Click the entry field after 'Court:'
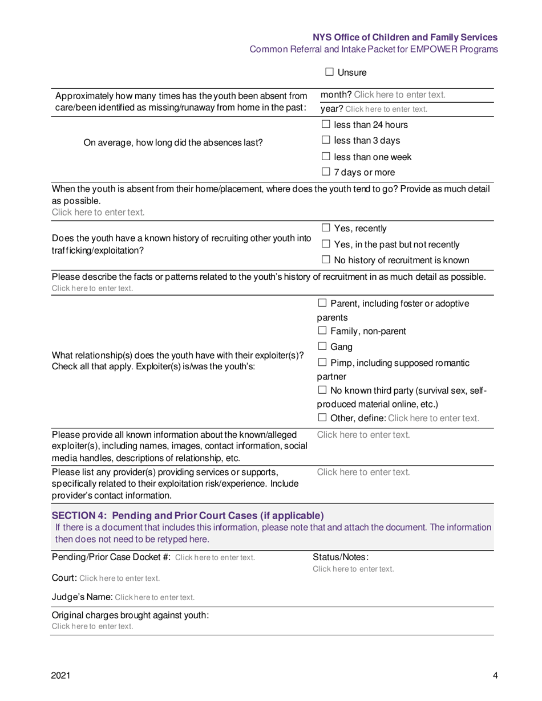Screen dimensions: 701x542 tap(119, 578)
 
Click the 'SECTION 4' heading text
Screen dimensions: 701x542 tap(188, 516)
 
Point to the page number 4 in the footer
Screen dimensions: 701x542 tap(495, 676)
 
